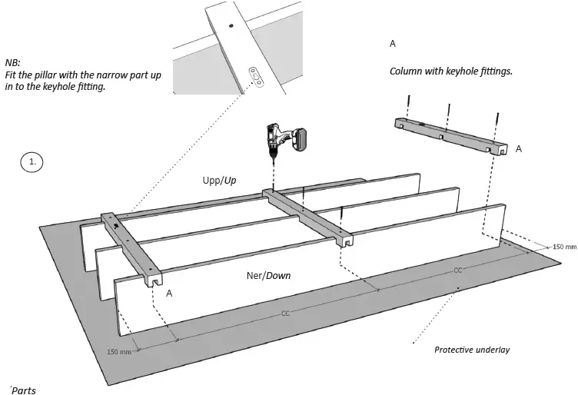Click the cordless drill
pyautogui.click(x=285, y=141)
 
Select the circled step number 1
pyautogui.click(x=32, y=162)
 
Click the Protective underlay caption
pyautogui.click(x=472, y=350)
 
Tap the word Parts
pyautogui.click(x=23, y=390)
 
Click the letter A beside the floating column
pyautogui.click(x=518, y=149)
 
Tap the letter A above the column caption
pyautogui.click(x=393, y=44)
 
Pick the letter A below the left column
pyautogui.click(x=168, y=294)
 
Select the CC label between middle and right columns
pyautogui.click(x=457, y=271)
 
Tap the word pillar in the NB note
pyautogui.click(x=59, y=75)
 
